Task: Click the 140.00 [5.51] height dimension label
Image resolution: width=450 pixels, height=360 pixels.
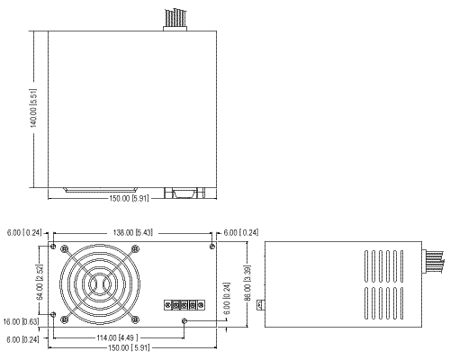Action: [33, 108]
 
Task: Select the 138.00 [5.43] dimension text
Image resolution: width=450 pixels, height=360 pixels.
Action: [132, 232]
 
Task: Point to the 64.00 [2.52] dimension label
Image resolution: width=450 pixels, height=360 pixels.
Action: [40, 282]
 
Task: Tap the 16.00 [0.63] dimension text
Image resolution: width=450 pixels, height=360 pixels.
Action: [21, 322]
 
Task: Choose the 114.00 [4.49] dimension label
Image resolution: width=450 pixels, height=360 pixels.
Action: [117, 338]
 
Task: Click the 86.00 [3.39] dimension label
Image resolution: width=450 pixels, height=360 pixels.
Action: [247, 283]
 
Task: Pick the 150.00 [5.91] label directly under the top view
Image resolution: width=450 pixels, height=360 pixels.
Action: [129, 199]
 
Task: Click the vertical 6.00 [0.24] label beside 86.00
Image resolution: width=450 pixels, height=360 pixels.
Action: [227, 298]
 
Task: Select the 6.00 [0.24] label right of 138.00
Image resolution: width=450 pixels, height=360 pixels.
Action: [241, 232]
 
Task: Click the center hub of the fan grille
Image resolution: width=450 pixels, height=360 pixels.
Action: [99, 284]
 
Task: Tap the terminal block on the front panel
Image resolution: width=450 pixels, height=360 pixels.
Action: [184, 305]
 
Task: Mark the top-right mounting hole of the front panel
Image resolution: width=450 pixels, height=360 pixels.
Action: [212, 247]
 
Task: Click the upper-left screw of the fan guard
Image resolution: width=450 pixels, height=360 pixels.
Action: [65, 248]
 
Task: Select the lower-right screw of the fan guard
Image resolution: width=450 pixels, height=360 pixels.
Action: [135, 319]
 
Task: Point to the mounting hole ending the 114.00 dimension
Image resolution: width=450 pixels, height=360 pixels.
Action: [184, 321]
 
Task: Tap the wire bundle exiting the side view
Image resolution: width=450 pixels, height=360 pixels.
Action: [433, 262]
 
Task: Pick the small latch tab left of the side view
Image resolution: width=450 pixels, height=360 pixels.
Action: [261, 305]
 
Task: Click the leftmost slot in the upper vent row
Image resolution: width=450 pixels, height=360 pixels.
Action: [366, 266]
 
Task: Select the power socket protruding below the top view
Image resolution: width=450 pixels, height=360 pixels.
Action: [184, 193]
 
